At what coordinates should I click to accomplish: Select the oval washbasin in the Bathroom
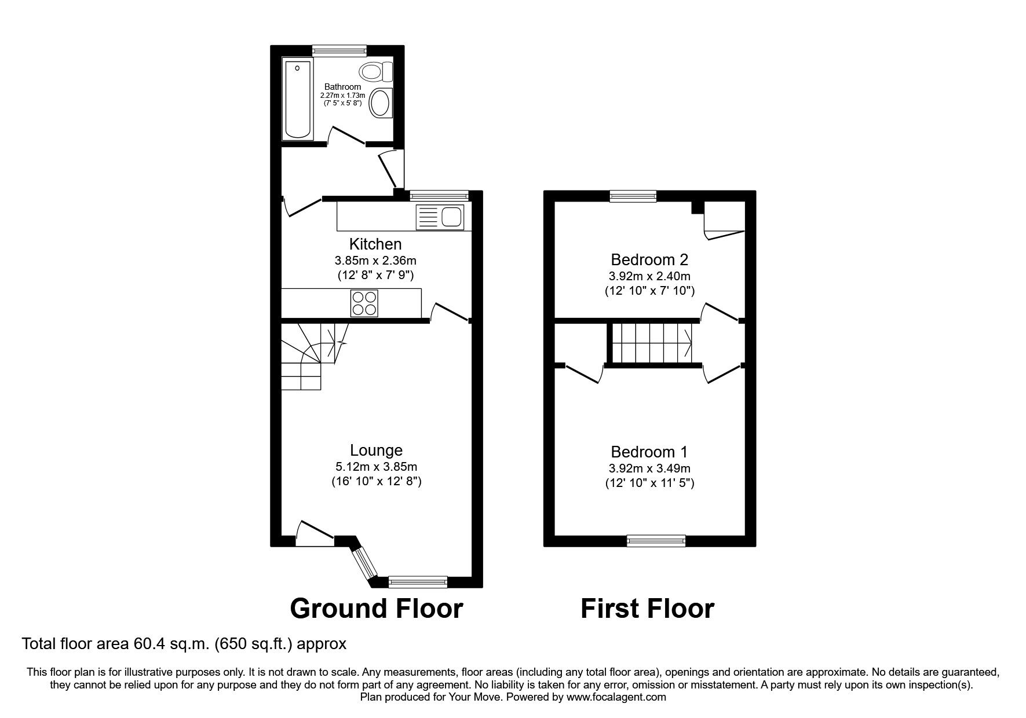click(381, 104)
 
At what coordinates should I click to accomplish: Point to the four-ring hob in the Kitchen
click(364, 303)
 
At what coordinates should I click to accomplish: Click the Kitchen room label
click(375, 244)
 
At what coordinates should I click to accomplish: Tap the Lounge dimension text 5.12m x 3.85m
click(376, 466)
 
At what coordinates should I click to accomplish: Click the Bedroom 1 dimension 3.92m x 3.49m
click(649, 468)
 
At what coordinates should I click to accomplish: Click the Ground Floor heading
click(376, 609)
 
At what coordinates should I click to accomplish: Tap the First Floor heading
click(647, 609)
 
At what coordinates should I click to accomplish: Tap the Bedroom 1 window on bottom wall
click(656, 541)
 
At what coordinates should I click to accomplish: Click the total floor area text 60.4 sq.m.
click(184, 643)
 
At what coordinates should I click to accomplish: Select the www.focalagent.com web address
click(616, 697)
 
